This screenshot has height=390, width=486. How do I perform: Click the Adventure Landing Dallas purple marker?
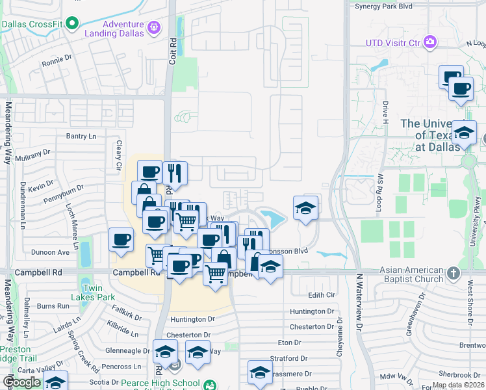coord(154,28)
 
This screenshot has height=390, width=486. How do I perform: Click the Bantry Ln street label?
coord(81,136)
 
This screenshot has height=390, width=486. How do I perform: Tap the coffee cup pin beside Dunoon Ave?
coord(121,240)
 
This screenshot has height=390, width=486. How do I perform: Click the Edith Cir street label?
coord(320,295)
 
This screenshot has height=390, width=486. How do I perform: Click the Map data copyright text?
coord(458,385)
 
